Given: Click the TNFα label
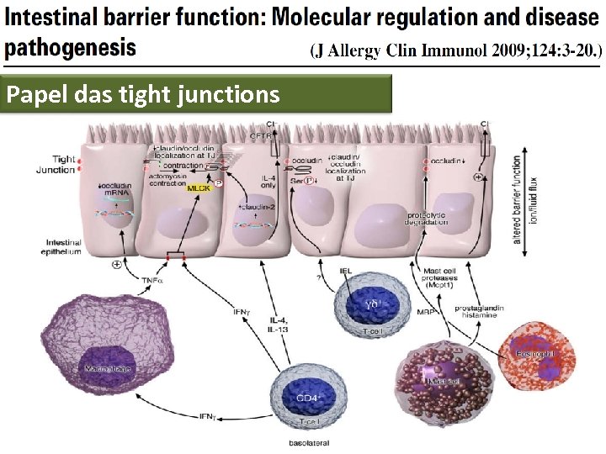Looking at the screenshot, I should [x=151, y=281].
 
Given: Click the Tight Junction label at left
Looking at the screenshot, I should [x=56, y=164].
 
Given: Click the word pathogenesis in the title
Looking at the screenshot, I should [x=69, y=46].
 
